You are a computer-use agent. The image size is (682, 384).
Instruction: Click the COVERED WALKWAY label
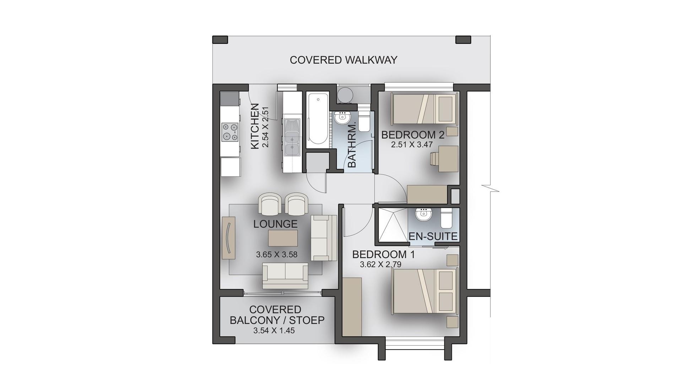pos(343,60)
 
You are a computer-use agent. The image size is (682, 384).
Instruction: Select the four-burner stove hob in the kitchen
pos(230,132)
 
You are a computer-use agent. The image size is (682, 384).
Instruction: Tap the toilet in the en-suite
pos(446,218)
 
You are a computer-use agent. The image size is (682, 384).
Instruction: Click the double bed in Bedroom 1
pos(424,291)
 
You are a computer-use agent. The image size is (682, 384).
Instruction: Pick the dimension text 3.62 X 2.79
pos(380,265)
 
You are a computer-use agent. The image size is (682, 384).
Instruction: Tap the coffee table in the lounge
pos(283,238)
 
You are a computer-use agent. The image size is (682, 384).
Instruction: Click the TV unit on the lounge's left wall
pos(229,238)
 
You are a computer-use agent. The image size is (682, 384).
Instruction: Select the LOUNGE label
pos(275,224)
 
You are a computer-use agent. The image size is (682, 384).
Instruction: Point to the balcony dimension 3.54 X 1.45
pos(274,331)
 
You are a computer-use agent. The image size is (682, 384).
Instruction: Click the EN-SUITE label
pos(433,236)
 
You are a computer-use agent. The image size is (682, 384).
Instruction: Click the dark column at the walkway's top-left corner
pos(220,39)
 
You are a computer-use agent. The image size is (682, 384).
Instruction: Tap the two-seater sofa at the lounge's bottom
pos(285,276)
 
